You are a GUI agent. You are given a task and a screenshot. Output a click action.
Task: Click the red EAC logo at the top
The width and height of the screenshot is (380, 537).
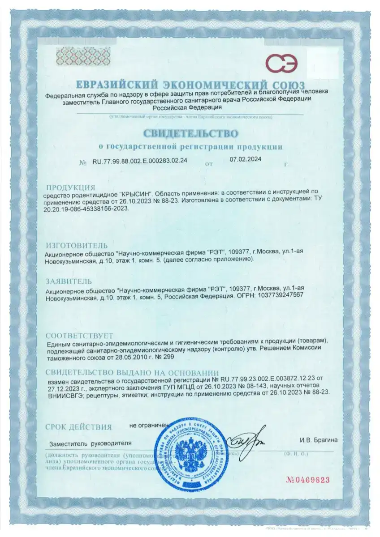tap(281, 64)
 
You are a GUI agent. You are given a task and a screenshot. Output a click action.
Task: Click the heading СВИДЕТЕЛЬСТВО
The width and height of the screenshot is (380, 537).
tap(190, 133)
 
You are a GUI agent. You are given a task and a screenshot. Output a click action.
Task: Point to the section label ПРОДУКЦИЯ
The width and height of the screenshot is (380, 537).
tap(71, 188)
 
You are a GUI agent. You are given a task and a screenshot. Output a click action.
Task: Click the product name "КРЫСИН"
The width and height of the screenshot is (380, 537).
tap(137, 196)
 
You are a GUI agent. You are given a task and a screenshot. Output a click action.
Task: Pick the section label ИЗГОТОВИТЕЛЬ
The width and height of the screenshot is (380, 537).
tap(77, 246)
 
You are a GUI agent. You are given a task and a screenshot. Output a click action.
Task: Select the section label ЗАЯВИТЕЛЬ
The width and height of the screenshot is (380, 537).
tap(69, 281)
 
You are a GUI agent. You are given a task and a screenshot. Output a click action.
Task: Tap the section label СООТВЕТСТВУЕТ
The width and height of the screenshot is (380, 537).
tap(80, 336)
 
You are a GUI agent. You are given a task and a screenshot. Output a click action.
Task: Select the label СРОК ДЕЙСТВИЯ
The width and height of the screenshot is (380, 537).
tap(78, 427)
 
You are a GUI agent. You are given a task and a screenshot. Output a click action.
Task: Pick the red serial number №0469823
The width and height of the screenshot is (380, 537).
tap(307, 480)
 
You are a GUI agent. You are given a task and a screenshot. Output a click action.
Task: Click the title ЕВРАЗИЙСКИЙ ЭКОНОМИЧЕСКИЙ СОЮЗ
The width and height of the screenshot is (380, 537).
tap(190, 85)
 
